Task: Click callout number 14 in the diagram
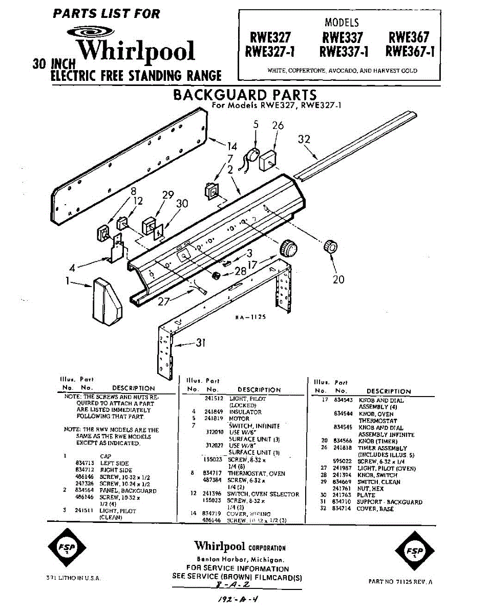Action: click(232, 147)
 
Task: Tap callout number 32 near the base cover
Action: click(304, 139)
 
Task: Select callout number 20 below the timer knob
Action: click(338, 279)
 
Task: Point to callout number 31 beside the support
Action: click(200, 343)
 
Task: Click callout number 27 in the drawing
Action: click(164, 301)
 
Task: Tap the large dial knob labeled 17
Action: click(288, 249)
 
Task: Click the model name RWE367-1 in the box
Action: click(410, 52)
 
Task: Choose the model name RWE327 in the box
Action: click(270, 37)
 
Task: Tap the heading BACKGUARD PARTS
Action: click(245, 95)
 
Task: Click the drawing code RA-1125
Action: click(250, 317)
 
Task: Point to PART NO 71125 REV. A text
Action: click(401, 581)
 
